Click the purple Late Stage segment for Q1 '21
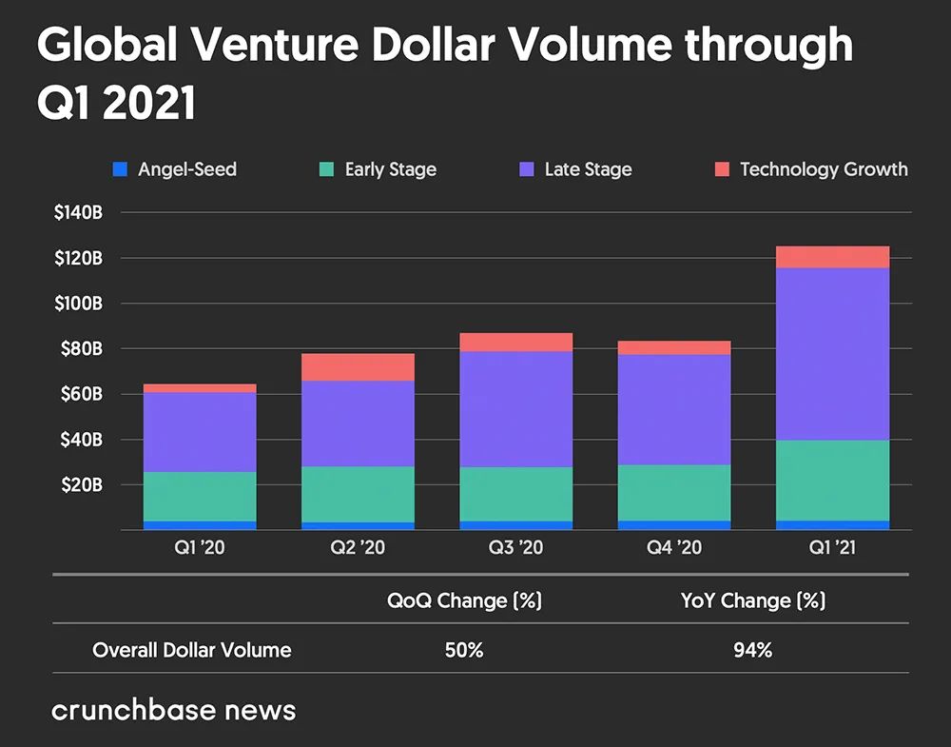[x=833, y=354]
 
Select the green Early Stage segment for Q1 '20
[x=200, y=497]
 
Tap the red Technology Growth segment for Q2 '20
[x=358, y=367]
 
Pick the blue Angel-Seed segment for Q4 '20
[x=674, y=524]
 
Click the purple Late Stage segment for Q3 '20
[x=516, y=409]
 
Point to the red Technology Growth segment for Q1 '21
[x=833, y=257]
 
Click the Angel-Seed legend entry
[x=175, y=170]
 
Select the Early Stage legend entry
[x=378, y=170]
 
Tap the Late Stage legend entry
[x=575, y=170]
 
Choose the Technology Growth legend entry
[x=810, y=170]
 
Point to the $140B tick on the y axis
[x=78, y=212]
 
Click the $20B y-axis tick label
[x=78, y=485]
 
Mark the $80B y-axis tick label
[x=78, y=349]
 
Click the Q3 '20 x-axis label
[x=516, y=548]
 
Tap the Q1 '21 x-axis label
[x=833, y=548]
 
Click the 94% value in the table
[x=752, y=651]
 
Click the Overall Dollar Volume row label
[x=192, y=651]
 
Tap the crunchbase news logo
[x=173, y=710]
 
